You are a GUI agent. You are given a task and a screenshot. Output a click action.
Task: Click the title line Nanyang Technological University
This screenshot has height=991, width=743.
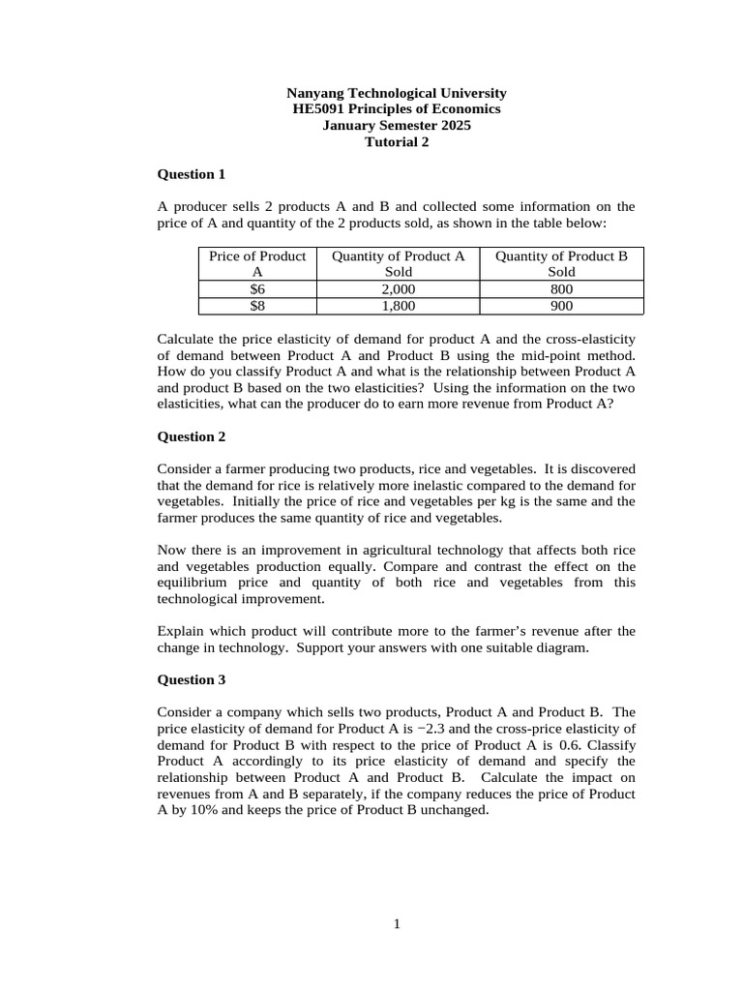[x=396, y=93]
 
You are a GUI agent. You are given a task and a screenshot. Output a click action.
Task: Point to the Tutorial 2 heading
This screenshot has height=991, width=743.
[x=396, y=142]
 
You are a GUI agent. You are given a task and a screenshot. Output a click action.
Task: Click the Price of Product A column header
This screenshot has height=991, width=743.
[x=256, y=263]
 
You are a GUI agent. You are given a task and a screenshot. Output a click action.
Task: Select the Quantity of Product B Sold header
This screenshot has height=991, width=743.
[x=561, y=263]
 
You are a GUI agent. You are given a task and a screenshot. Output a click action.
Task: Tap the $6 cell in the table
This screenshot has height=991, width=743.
[x=256, y=289]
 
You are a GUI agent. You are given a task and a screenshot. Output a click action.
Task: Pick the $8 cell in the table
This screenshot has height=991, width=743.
[x=256, y=306]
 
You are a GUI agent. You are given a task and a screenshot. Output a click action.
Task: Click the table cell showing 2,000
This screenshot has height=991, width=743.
[x=398, y=289]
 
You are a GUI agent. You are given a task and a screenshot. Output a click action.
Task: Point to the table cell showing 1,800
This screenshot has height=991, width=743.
[x=398, y=306]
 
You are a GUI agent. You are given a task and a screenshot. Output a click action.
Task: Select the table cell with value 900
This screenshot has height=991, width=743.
[x=561, y=306]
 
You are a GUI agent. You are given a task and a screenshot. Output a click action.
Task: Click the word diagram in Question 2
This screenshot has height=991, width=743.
[x=563, y=647]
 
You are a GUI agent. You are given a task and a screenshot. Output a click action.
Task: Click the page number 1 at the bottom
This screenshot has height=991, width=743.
[x=396, y=924]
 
